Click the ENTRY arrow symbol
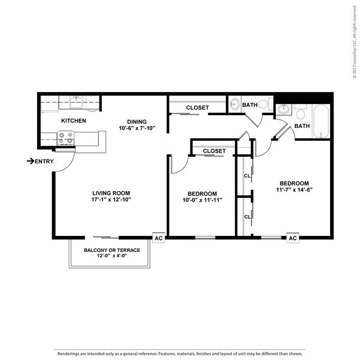point(30,161)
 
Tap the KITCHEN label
point(74,121)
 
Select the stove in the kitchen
point(66,138)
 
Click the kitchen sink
point(76,102)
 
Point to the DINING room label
point(137,122)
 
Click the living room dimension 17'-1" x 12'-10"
point(111,199)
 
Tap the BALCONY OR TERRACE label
point(112,250)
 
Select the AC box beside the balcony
point(158,238)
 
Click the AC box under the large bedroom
point(293,238)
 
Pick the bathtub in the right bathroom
point(321,121)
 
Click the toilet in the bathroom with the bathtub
point(301,112)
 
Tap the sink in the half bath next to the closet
point(235,104)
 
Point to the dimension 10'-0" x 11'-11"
point(202,200)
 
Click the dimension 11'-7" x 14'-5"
point(294,190)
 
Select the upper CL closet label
point(247,176)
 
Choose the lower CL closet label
point(247,217)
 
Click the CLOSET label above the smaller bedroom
point(214,151)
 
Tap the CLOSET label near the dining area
point(198,107)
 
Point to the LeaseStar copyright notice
point(354,42)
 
